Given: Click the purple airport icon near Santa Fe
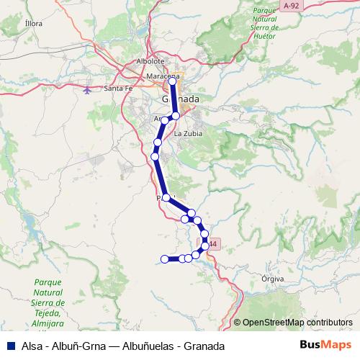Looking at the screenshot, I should (88, 91).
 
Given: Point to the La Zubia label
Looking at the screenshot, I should (189, 134).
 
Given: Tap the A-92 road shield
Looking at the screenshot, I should (291, 6).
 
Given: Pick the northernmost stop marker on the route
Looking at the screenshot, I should (173, 82).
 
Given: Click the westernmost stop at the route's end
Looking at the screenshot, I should (164, 259).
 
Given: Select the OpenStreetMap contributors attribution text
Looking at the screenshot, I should (297, 323).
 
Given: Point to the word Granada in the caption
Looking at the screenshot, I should (204, 346).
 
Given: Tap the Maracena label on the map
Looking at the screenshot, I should (162, 76).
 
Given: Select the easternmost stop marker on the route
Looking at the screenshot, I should (206, 246).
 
